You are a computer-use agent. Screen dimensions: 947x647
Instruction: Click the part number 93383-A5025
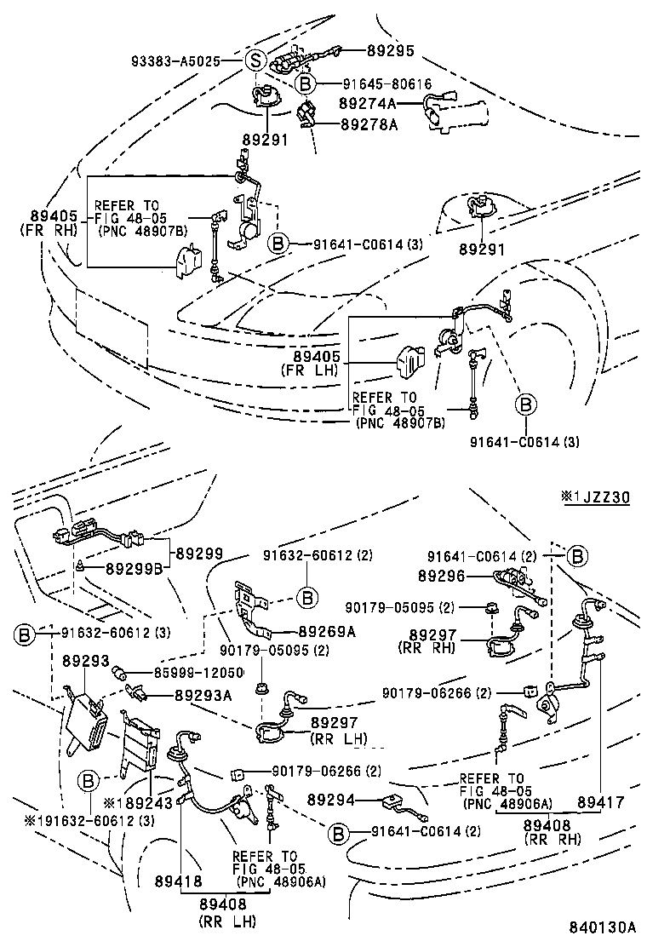point(176,61)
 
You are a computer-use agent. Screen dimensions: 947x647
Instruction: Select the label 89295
point(391,51)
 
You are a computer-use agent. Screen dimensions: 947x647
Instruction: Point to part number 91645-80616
point(387,83)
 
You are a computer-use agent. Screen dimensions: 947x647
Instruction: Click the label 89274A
point(368,103)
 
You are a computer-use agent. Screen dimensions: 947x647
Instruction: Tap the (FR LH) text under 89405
point(309,370)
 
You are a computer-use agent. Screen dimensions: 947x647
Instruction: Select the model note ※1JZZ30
point(595,496)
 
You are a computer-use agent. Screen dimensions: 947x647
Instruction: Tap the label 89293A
point(203,695)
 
